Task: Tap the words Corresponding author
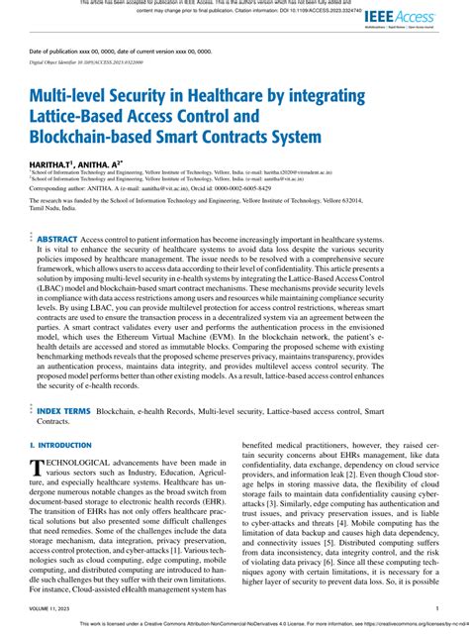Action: pyautogui.click(x=58, y=187)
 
